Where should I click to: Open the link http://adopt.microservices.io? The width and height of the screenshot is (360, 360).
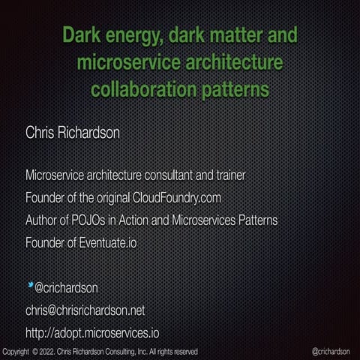click(91, 333)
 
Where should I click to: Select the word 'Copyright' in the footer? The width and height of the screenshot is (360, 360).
click(16, 351)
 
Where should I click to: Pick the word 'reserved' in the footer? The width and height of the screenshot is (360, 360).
click(184, 351)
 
